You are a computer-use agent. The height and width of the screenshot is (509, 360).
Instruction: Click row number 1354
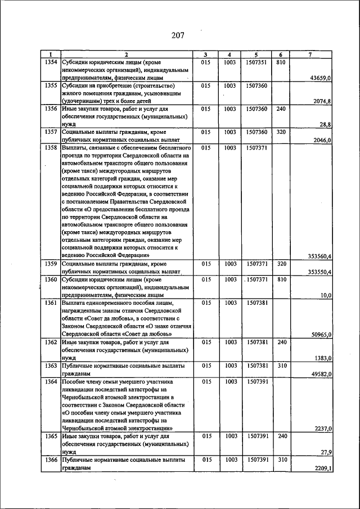click(51, 62)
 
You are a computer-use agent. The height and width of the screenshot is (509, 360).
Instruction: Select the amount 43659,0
click(321, 78)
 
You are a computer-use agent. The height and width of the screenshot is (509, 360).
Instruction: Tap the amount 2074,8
click(323, 101)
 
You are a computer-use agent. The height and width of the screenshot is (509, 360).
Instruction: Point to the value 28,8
click(326, 124)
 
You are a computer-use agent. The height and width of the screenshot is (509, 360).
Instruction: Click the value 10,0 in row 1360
click(326, 295)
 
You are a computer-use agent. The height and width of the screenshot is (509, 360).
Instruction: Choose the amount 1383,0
click(323, 358)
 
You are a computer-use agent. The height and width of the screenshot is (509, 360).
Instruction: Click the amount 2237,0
click(323, 428)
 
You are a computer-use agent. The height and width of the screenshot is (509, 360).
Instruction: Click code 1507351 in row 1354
click(256, 62)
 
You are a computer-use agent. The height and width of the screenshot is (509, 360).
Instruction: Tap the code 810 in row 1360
click(282, 279)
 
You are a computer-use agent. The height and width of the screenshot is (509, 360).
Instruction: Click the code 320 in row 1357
click(282, 132)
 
